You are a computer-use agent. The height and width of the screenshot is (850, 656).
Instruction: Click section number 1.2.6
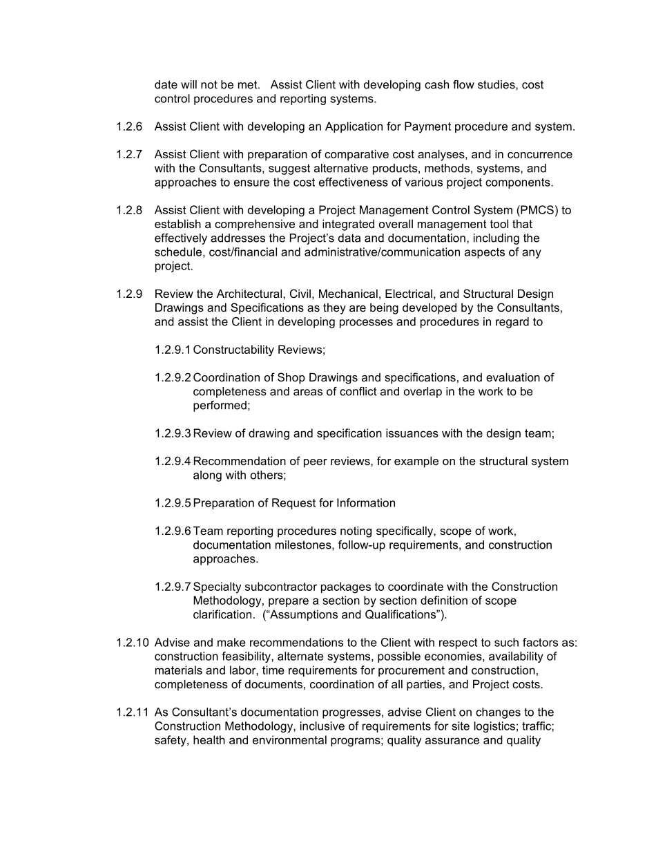129,127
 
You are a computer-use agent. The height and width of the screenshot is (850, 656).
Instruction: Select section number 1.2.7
129,155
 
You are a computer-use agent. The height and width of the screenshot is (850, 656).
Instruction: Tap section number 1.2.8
129,211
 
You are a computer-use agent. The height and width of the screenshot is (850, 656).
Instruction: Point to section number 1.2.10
132,643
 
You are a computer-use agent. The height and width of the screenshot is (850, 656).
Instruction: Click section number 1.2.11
132,712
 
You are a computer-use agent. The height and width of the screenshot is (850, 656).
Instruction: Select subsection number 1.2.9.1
173,350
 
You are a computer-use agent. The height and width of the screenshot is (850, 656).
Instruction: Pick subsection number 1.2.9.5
173,504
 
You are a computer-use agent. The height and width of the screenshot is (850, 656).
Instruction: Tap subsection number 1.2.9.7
173,587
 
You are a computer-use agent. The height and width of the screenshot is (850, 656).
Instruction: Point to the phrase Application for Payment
387,127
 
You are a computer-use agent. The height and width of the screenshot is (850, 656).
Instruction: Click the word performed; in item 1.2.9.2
221,406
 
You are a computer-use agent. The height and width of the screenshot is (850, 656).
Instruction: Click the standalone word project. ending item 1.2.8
173,267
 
